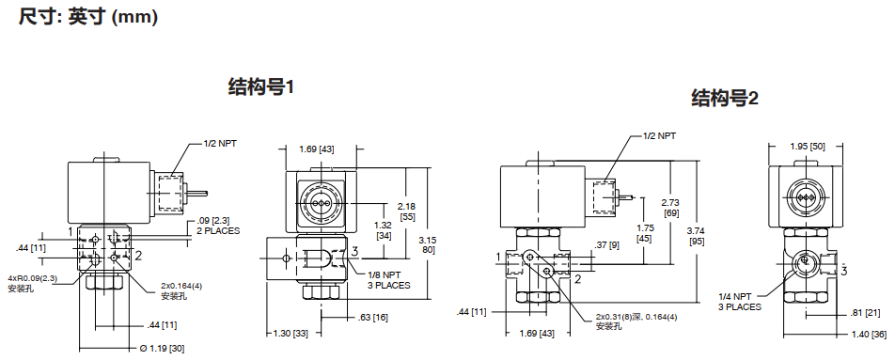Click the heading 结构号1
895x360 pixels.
click(261, 87)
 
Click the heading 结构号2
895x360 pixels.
click(725, 99)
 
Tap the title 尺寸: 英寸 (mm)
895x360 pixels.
click(87, 17)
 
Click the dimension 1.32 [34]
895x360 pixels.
click(385, 229)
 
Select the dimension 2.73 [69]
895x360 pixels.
click(672, 208)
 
